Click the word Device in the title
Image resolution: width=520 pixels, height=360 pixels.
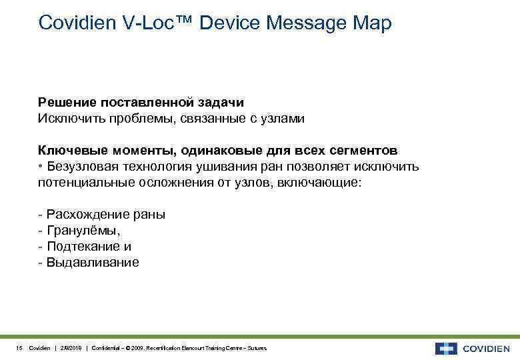point(229,23)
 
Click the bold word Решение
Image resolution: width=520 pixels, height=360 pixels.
point(67,103)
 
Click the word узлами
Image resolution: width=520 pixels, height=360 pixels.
point(282,119)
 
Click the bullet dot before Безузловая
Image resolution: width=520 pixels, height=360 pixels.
point(41,167)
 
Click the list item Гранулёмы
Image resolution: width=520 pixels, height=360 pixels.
point(83,231)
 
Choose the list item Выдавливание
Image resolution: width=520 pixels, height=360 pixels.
point(93,263)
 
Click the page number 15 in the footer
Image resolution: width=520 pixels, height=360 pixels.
point(19,349)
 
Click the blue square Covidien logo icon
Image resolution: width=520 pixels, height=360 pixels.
point(446,349)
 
